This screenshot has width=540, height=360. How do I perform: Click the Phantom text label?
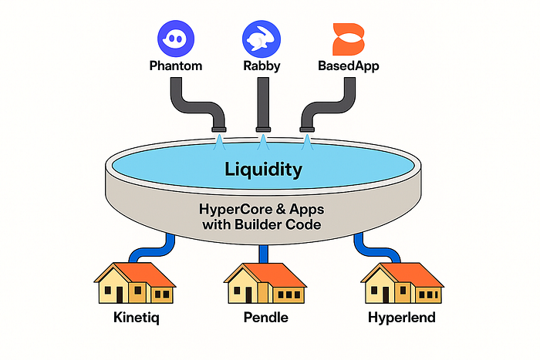175,66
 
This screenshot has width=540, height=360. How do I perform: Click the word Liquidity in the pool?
262,168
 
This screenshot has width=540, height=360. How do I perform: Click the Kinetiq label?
132,317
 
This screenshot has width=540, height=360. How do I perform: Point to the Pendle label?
262,317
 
